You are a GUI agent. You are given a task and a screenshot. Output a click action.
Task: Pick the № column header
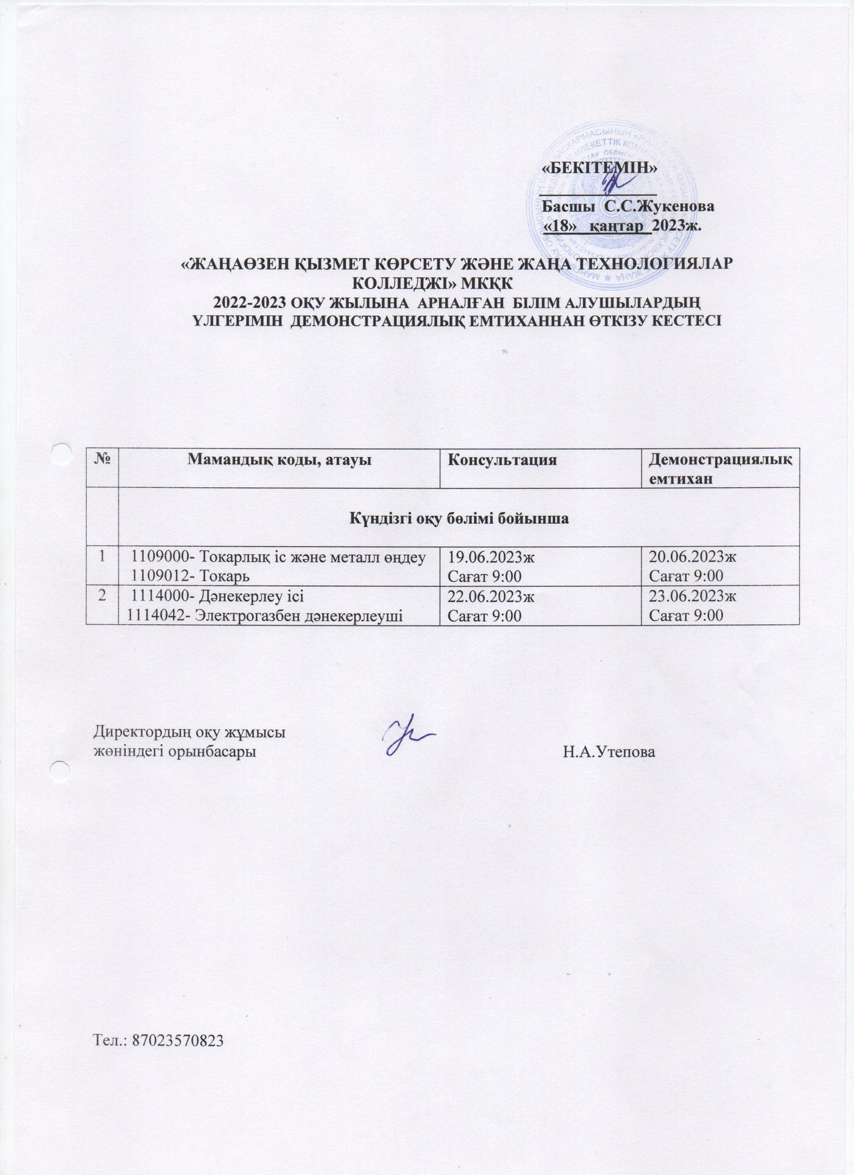[x=101, y=460]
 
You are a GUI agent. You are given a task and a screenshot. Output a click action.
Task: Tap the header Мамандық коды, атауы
[x=279, y=460]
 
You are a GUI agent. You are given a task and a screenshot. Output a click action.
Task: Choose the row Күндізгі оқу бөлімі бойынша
[x=459, y=519]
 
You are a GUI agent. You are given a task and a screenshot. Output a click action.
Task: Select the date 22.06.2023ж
[x=491, y=597]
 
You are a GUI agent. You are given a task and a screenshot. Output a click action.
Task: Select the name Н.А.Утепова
[x=609, y=752]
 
